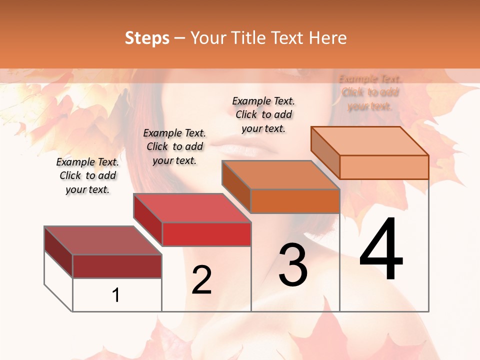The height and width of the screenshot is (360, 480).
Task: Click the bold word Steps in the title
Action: (x=147, y=38)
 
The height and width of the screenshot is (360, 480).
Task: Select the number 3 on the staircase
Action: (x=293, y=265)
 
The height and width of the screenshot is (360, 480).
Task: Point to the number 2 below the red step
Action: (x=201, y=280)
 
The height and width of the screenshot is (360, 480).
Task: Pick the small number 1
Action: (x=116, y=295)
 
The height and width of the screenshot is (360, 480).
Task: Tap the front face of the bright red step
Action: (x=206, y=234)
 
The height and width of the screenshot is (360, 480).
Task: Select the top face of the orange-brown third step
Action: (x=280, y=175)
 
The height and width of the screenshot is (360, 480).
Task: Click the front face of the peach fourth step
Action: (x=384, y=167)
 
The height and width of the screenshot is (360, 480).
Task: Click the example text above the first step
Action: (x=87, y=175)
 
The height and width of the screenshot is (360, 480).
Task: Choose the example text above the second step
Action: (x=174, y=146)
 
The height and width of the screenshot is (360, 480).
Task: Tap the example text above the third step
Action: (x=263, y=114)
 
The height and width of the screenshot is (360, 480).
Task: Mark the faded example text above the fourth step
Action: (x=370, y=92)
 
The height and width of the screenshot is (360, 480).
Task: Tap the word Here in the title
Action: (x=327, y=38)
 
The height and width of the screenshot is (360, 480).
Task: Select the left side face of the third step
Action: (x=236, y=186)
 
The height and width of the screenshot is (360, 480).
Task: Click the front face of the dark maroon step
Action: (x=117, y=266)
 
